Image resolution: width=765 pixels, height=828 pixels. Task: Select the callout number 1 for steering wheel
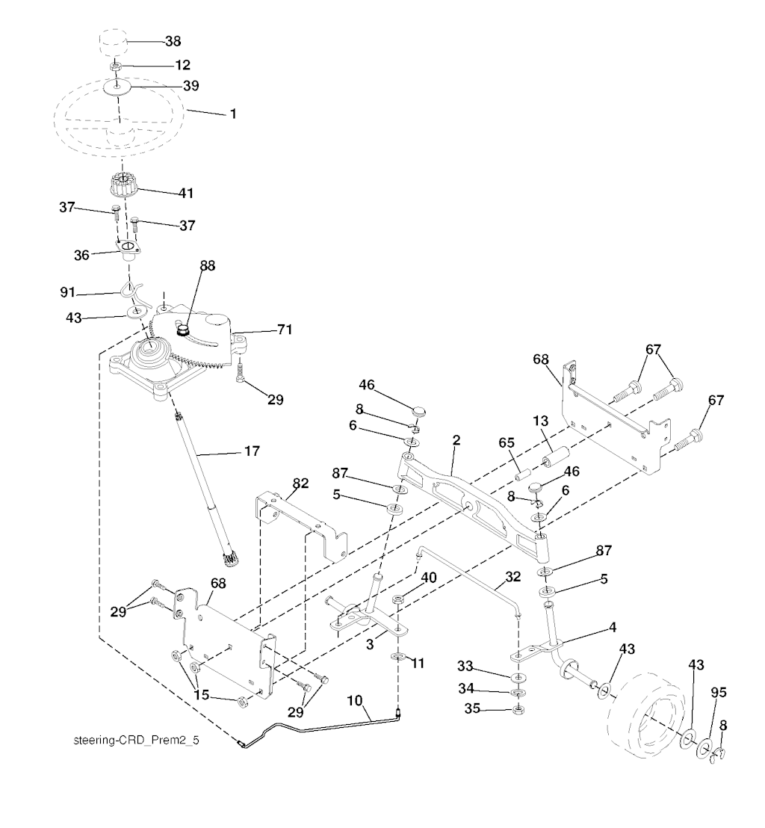pyautogui.click(x=233, y=114)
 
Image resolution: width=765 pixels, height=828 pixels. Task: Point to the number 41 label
pyautogui.click(x=185, y=193)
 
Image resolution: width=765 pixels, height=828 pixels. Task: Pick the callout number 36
pyautogui.click(x=81, y=255)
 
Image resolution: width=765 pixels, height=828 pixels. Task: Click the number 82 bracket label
pyautogui.click(x=300, y=483)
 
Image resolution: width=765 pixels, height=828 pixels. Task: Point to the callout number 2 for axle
pyautogui.click(x=455, y=439)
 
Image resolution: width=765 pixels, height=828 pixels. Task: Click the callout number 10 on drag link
pyautogui.click(x=355, y=700)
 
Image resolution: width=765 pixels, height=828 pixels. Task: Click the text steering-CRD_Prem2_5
pyautogui.click(x=140, y=742)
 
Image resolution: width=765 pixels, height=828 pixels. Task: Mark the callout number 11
pyautogui.click(x=418, y=662)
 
